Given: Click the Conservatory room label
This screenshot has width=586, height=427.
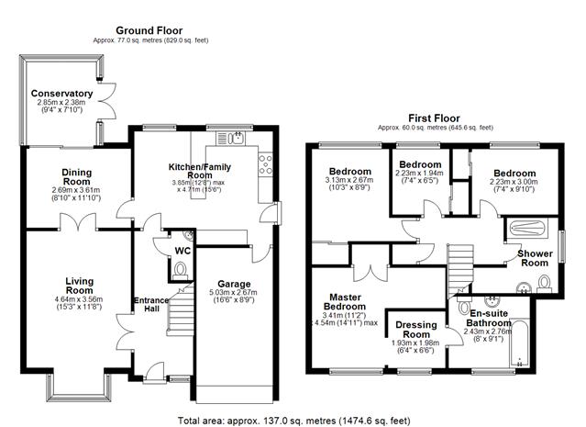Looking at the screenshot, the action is [61, 93].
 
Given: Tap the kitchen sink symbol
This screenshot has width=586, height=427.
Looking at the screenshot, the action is [230, 139].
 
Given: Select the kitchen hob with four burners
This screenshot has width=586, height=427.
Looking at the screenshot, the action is [266, 164].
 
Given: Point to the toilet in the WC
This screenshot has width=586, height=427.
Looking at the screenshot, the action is [181, 270].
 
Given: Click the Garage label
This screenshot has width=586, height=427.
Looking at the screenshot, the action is [234, 284].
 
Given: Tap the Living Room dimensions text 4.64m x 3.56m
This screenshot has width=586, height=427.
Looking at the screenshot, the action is [79, 299].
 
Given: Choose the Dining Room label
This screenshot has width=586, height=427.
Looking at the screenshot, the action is [77, 177].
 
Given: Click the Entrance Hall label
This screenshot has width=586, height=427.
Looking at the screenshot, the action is [151, 304].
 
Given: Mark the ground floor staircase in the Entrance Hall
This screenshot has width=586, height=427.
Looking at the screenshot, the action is [181, 309].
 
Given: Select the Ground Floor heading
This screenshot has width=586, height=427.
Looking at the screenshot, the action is [149, 30].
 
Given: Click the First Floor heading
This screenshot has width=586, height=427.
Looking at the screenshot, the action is [434, 118].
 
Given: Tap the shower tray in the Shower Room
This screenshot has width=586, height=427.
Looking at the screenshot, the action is [527, 229].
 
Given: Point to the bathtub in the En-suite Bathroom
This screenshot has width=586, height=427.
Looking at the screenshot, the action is [519, 343].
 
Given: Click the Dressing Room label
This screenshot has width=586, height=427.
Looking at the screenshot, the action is [416, 330].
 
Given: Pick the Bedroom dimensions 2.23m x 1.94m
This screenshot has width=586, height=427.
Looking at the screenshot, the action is [419, 173].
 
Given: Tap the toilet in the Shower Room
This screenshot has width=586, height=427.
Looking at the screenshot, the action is [545, 284].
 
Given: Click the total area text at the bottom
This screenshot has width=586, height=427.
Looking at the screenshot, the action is [293, 421].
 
